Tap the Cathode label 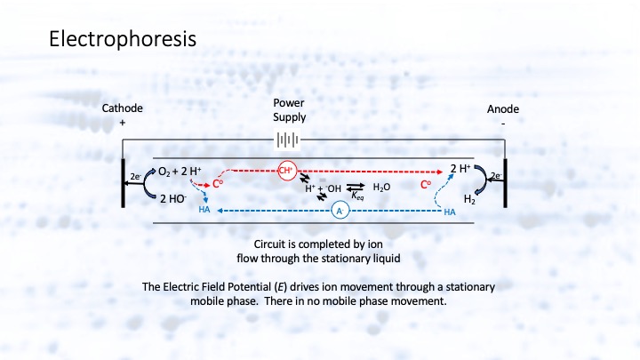pyautogui.click(x=122, y=108)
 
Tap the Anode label pyautogui.click(x=498, y=108)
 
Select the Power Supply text pyautogui.click(x=289, y=109)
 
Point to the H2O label pyautogui.click(x=381, y=188)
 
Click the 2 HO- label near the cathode pyautogui.click(x=172, y=199)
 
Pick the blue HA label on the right pyautogui.click(x=449, y=212)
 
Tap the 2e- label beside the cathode pyautogui.click(x=133, y=177)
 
